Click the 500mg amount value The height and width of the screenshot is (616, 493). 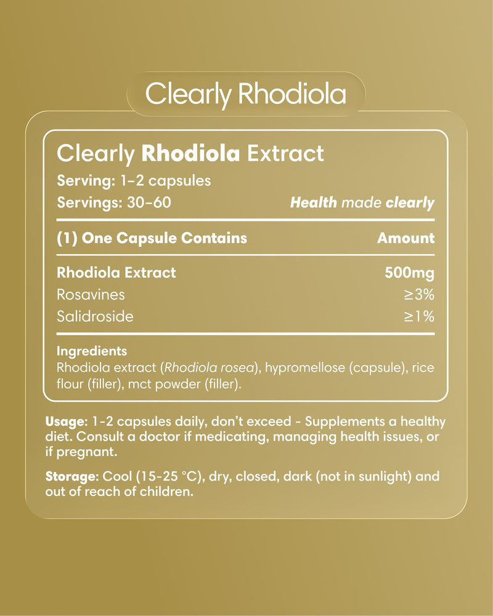click(x=409, y=272)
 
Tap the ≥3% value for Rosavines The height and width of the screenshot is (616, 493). click(x=419, y=294)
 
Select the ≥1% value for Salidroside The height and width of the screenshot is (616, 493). click(x=419, y=316)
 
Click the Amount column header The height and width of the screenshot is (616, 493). click(x=405, y=238)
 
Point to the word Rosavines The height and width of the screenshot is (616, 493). click(x=90, y=294)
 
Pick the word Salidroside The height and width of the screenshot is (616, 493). click(x=94, y=316)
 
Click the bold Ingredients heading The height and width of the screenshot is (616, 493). click(x=91, y=351)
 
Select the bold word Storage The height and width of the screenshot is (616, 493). click(x=71, y=478)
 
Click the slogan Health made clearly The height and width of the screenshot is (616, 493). click(x=362, y=202)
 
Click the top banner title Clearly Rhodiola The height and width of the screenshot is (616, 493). click(x=246, y=95)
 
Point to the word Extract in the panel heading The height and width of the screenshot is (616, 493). click(x=285, y=153)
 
